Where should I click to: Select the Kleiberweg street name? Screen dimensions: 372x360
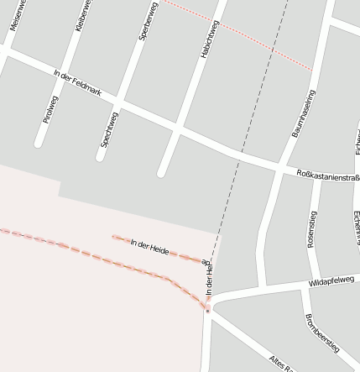point(81,17)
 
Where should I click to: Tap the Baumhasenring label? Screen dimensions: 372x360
point(303,113)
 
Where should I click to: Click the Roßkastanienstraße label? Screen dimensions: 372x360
point(328,176)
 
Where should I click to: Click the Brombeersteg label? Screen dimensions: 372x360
point(321,331)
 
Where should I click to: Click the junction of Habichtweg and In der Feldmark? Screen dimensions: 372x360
point(179,128)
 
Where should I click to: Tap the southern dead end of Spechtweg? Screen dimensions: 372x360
point(100,156)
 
